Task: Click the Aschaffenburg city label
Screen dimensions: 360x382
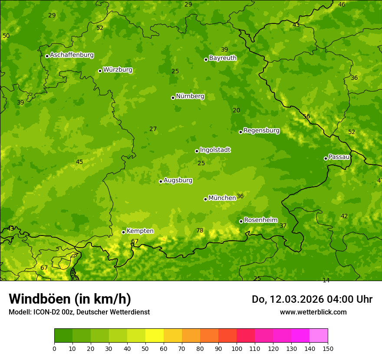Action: [72, 55]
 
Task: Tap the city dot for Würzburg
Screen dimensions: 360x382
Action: [100, 71]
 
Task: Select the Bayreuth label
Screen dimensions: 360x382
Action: [223, 58]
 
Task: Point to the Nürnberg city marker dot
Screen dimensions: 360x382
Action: [173, 98]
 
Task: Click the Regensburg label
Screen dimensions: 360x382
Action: [261, 131]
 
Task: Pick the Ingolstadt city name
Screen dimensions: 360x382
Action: [215, 150]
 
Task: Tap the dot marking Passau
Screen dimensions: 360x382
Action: [326, 158]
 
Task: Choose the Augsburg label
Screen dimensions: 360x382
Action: [178, 180]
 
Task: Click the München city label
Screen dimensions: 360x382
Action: [222, 198]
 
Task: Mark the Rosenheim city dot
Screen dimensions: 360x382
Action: [241, 221]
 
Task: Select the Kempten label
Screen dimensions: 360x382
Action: [140, 231]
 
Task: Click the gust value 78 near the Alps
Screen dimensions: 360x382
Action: [200, 230]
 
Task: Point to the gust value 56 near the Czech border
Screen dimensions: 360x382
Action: [306, 116]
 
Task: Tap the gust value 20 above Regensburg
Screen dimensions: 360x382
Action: [236, 110]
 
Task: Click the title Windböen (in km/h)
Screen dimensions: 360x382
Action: [70, 299]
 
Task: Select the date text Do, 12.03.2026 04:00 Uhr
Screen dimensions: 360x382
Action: [312, 299]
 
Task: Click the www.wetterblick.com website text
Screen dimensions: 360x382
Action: [313, 312]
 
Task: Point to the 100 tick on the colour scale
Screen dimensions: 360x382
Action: [237, 348]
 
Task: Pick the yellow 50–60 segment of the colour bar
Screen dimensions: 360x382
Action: [155, 335]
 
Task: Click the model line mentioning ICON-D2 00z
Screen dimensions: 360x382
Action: [79, 312]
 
